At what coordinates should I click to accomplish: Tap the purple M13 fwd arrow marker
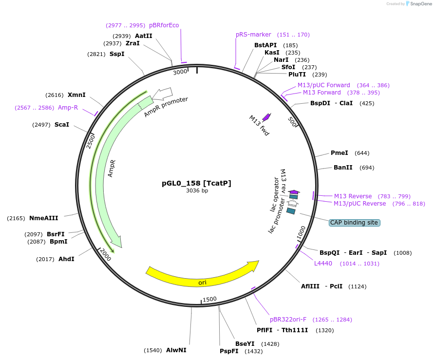266,117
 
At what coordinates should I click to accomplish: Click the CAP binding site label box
354,223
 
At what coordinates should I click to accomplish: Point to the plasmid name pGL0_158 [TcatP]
196,183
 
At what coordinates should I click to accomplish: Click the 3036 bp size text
197,191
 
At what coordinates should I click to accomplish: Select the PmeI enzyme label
340,153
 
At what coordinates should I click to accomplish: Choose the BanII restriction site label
343,168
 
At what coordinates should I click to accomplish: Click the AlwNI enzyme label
176,350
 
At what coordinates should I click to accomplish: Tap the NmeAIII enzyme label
43,218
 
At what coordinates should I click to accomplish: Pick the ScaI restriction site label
62,125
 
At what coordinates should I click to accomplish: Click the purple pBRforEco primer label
164,25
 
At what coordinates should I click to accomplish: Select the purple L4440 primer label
323,264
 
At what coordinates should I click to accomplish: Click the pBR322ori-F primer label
288,320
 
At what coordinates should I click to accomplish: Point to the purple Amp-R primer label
68,108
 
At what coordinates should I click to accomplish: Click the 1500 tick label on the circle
209,299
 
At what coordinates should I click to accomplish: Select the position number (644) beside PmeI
362,153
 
